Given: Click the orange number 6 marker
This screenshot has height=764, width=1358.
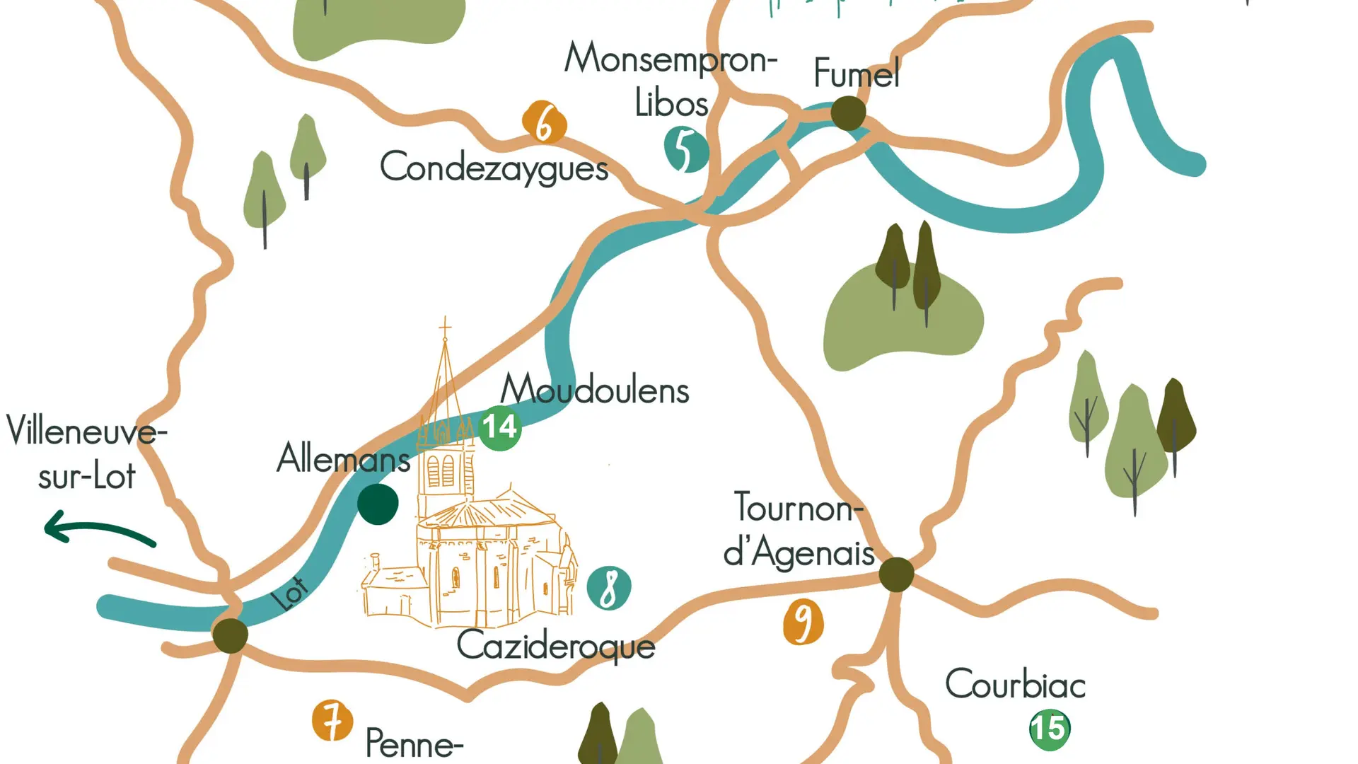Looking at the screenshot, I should click(x=544, y=122).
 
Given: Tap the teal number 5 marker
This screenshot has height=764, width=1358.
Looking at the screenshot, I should click(x=685, y=149).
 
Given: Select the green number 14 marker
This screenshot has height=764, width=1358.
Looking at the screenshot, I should click(x=500, y=427).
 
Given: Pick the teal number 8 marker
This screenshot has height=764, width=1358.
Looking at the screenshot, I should click(x=609, y=588).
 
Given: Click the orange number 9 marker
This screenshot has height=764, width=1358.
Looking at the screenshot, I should click(x=803, y=622).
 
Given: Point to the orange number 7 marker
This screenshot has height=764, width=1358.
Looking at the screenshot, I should click(x=332, y=720).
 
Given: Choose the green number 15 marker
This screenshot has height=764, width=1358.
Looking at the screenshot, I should click(x=1050, y=728).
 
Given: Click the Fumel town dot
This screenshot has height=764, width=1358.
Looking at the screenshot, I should click(x=848, y=112).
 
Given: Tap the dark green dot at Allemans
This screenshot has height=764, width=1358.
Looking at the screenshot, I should click(x=378, y=504).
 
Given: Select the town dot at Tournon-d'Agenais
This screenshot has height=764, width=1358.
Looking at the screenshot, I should click(x=896, y=574).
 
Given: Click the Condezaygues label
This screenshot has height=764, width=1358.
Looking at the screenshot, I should click(x=494, y=168).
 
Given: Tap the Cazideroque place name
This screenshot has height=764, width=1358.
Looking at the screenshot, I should click(x=556, y=646).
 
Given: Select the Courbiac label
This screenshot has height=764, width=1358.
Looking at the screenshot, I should click(x=1015, y=684).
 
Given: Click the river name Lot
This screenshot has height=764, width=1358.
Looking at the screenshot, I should click(x=290, y=594).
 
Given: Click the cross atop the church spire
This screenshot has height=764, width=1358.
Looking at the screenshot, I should click(x=445, y=327).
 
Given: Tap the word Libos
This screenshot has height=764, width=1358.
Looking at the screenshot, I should click(x=671, y=103).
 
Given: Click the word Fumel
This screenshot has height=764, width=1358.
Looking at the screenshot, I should click(x=857, y=73).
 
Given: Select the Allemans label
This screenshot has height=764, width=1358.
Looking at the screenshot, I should click(x=343, y=458).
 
